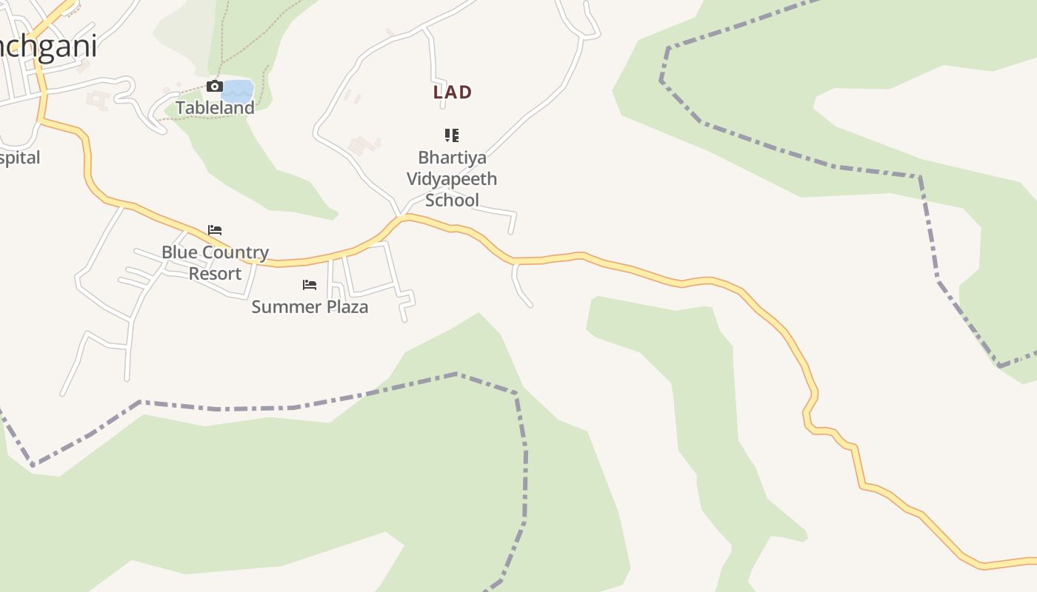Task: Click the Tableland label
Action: [215, 107]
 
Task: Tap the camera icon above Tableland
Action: [215, 87]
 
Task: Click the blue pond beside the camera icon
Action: [237, 91]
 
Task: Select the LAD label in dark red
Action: [453, 92]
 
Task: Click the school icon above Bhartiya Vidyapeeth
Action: [452, 135]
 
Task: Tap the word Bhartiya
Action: [452, 158]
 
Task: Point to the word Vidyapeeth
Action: [452, 178]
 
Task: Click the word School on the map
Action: [452, 200]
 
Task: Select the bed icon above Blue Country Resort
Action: [215, 230]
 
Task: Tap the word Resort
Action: [215, 273]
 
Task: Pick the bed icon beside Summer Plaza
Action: [310, 285]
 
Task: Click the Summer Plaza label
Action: [310, 306]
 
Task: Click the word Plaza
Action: [343, 306]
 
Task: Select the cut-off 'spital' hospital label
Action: [20, 158]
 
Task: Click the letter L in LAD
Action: [439, 92]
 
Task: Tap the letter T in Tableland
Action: [180, 107]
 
